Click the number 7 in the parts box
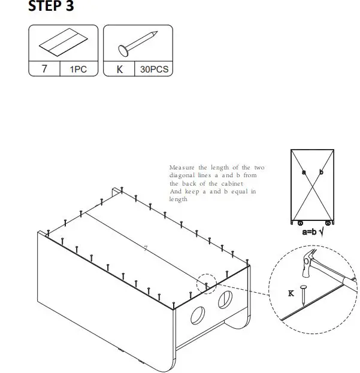45,69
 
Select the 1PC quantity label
78,69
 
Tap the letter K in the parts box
119,69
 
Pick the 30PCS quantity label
155,69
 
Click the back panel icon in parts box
62,44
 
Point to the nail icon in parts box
138,43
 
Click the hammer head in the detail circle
310,262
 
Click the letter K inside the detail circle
291,293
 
